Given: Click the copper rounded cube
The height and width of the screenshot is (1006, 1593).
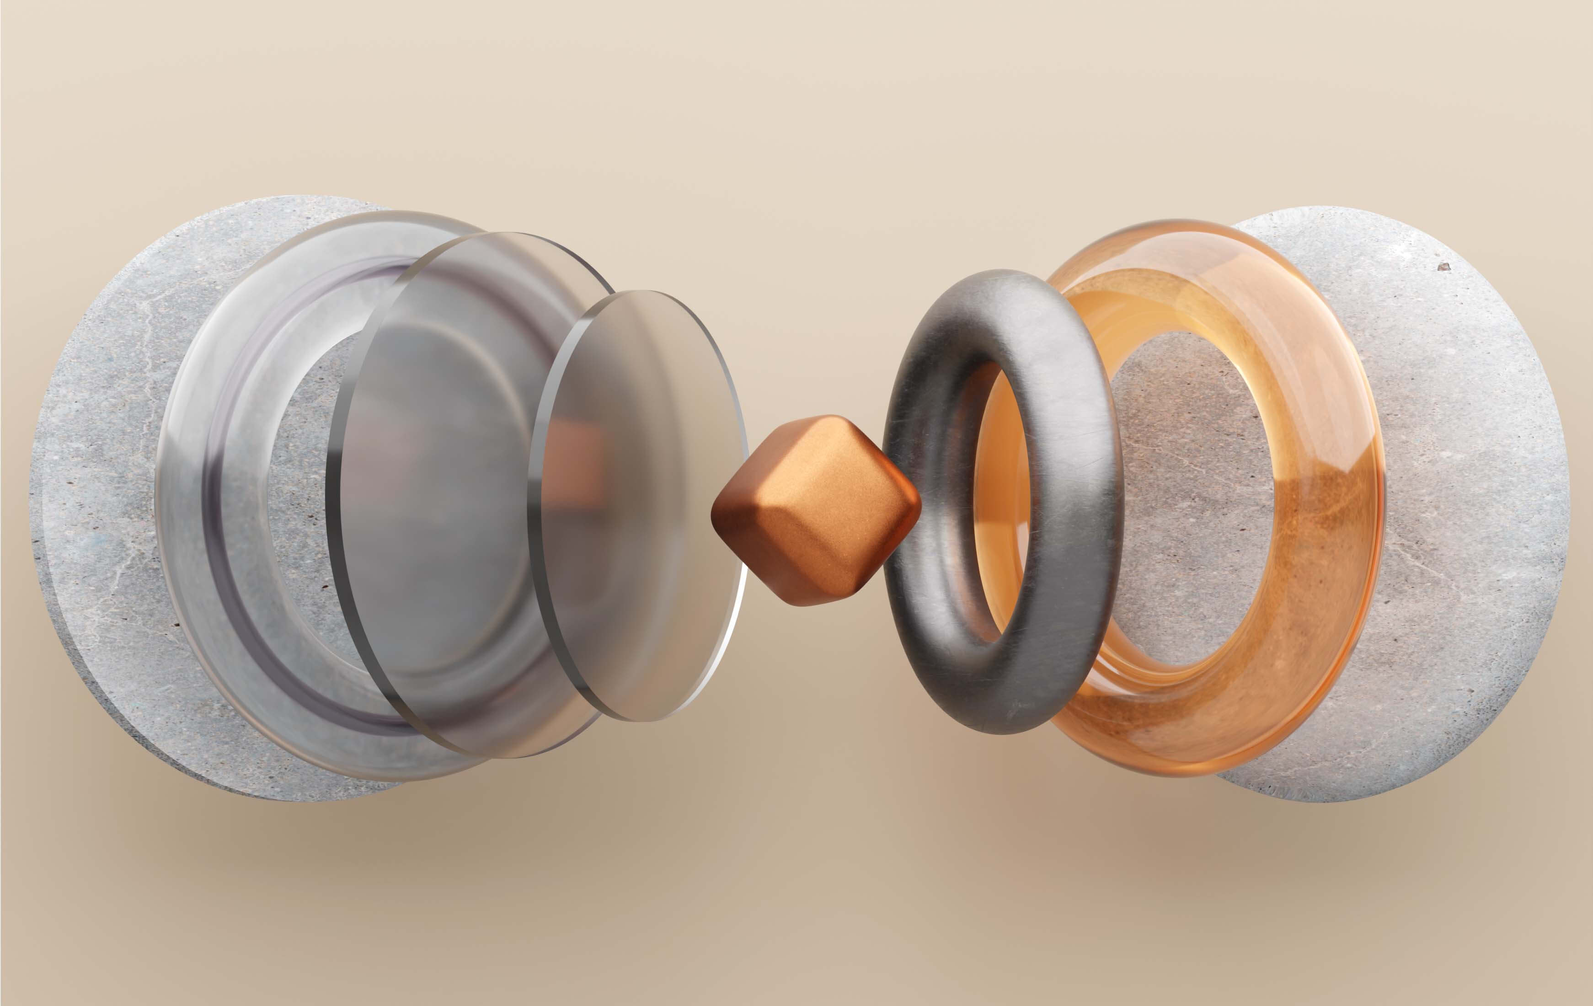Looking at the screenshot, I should tap(815, 509).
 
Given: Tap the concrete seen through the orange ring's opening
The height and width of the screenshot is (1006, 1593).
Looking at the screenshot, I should tap(1191, 503).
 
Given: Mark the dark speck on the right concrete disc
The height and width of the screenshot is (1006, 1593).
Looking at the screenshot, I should tap(1443, 267).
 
